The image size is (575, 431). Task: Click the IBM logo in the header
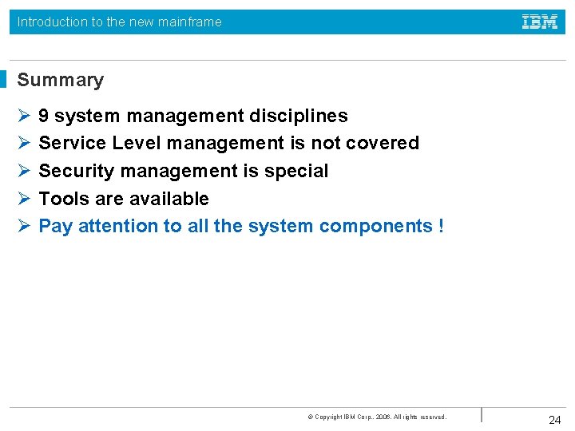point(540,22)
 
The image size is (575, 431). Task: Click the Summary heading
point(61,80)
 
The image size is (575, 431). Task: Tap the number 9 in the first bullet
point(44,116)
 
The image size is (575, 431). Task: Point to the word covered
point(383,143)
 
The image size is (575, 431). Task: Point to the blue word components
point(376,226)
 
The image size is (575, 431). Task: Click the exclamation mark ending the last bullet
point(441,226)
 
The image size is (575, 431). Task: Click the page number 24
point(555,420)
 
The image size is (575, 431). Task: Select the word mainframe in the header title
point(191,22)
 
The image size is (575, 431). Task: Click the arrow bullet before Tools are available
point(24,199)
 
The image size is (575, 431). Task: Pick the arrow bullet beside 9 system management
point(24,116)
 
